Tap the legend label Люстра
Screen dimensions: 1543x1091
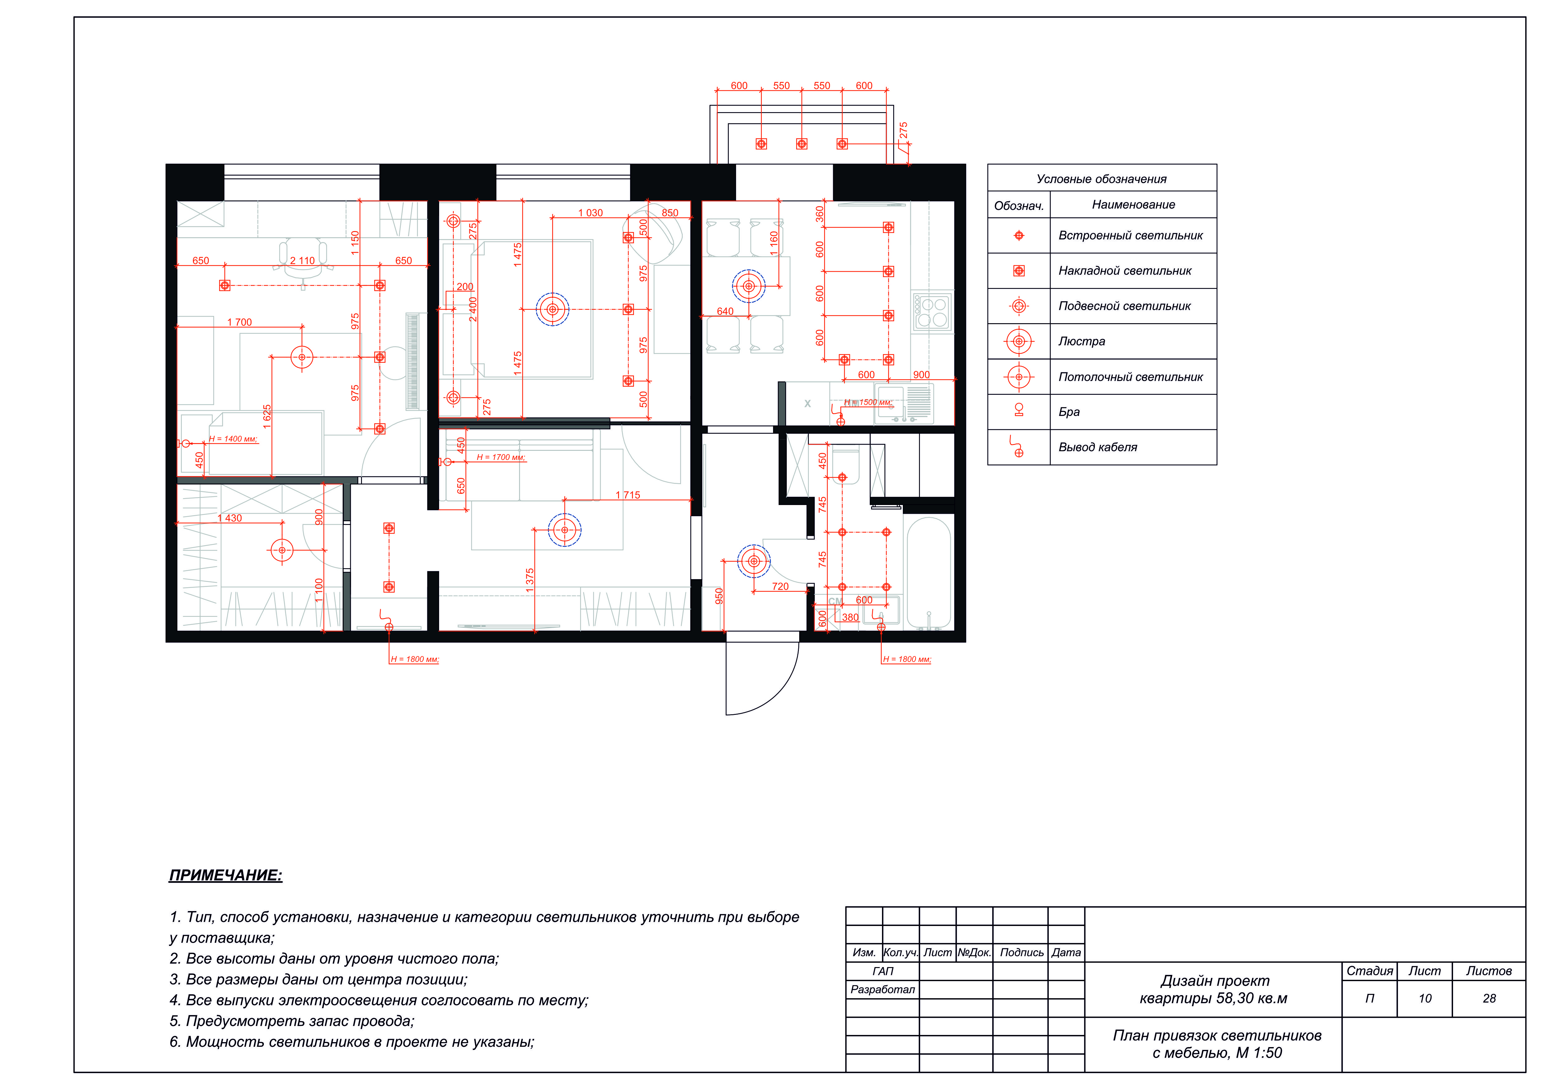(x=1081, y=342)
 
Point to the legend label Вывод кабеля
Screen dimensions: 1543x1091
(x=1097, y=447)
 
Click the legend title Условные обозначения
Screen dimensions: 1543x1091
(x=1101, y=179)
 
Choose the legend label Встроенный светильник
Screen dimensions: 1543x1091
(x=1130, y=235)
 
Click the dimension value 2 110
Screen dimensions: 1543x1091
(x=303, y=261)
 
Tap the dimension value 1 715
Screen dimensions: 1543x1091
(x=628, y=495)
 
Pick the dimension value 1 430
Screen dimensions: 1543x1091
(x=230, y=518)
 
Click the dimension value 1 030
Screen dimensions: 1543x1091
(x=591, y=213)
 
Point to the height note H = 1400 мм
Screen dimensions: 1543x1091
(x=232, y=439)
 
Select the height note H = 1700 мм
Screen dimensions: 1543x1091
(x=501, y=457)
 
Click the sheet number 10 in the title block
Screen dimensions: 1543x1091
(x=1425, y=999)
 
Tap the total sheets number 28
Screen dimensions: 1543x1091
(x=1489, y=999)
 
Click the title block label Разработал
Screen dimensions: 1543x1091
(x=882, y=989)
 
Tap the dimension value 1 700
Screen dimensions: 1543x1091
(x=239, y=323)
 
